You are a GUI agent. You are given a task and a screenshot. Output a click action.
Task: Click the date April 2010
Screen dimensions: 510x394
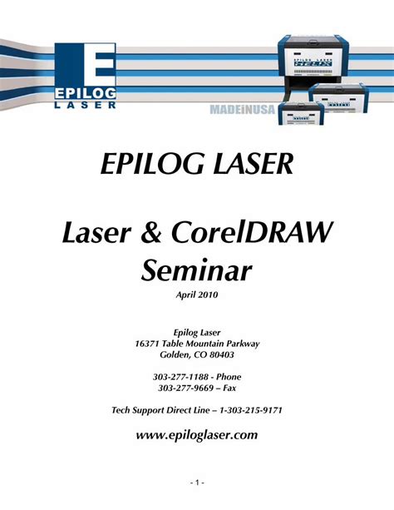(x=197, y=295)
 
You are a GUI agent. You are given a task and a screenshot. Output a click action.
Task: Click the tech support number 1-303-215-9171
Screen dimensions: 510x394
(x=249, y=411)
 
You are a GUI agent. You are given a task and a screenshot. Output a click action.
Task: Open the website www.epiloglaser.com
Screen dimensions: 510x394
(x=197, y=434)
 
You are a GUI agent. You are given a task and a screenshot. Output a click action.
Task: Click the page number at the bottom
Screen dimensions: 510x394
(x=196, y=482)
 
